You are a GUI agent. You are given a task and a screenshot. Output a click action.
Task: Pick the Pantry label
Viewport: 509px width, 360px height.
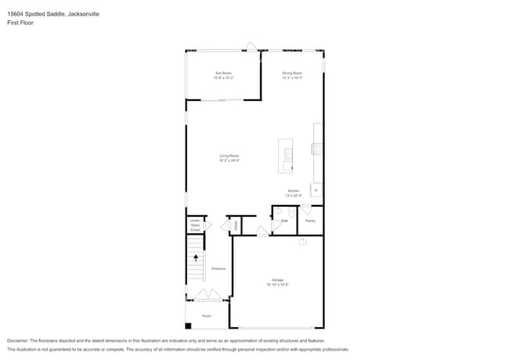point(310,221)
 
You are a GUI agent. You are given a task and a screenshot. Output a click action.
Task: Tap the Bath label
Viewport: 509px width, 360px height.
point(285,221)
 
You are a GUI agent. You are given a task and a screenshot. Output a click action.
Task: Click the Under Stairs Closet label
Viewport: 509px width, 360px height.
point(195,225)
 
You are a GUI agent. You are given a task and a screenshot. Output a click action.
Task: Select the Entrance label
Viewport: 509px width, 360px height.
point(218,268)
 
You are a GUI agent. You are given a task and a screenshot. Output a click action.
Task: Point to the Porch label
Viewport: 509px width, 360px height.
point(207,315)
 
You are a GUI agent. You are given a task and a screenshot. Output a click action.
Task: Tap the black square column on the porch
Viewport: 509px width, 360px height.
point(188,326)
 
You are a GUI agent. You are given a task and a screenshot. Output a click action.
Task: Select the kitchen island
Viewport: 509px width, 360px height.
point(285,157)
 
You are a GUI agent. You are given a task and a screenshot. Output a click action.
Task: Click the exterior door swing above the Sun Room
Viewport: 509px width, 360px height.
point(251,46)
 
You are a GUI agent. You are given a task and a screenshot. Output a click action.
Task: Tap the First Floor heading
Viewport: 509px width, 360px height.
point(20,23)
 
